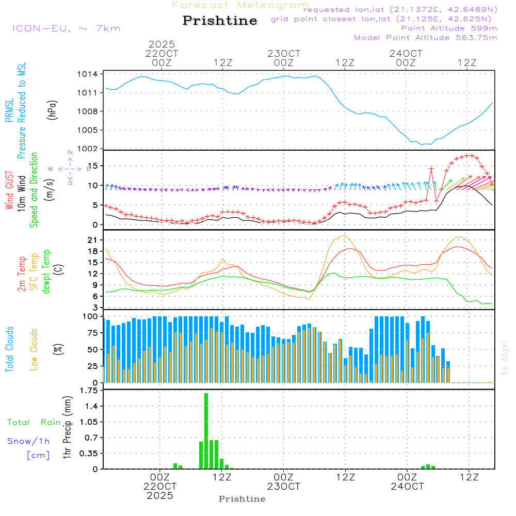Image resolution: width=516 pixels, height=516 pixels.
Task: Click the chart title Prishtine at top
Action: tap(220, 21)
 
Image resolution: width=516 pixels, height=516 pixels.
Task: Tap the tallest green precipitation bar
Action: tap(206, 431)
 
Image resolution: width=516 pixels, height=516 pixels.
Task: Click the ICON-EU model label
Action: tap(66, 28)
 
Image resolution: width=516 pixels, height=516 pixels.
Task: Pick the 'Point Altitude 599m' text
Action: tap(449, 28)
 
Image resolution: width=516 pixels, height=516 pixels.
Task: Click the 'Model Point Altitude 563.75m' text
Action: tap(426, 38)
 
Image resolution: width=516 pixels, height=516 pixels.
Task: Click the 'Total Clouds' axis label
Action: tap(9, 349)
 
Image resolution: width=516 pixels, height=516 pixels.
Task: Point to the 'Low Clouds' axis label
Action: tap(34, 349)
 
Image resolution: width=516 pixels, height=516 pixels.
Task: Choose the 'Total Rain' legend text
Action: tap(34, 422)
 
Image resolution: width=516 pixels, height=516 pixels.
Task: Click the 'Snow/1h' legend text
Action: tap(29, 441)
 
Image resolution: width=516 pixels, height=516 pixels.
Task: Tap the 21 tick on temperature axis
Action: tap(91, 240)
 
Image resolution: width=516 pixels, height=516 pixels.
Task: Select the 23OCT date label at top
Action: tap(284, 54)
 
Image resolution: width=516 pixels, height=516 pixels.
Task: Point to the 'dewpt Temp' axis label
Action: tap(46, 271)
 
